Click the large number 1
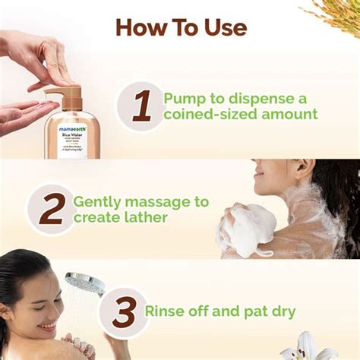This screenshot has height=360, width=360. tap(141, 106)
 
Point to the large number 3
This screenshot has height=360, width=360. tap(123, 312)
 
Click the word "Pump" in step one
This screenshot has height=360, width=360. tap(185, 98)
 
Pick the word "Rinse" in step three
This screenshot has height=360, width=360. tap(166, 311)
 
